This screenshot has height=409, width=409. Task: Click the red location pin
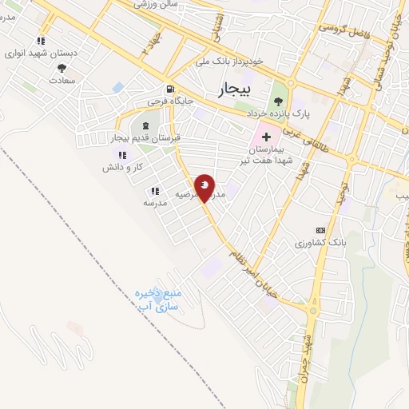[205, 186]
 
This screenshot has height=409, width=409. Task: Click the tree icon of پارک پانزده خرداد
[278, 101]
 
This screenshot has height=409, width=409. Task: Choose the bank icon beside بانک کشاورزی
[320, 230]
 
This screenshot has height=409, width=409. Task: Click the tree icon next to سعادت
[62, 69]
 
